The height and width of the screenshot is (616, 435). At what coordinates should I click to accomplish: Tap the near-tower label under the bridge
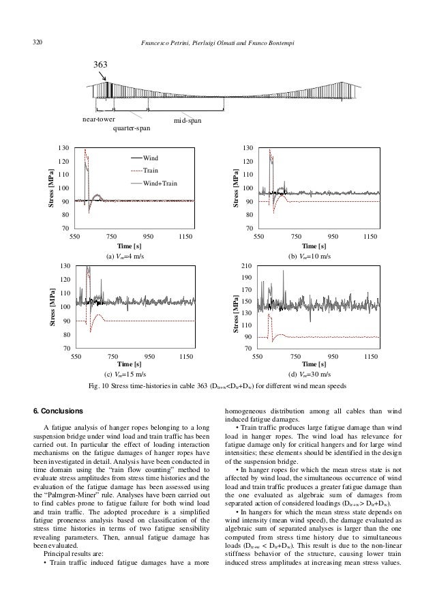point(97,119)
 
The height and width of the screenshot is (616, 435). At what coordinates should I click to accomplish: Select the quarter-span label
point(132,127)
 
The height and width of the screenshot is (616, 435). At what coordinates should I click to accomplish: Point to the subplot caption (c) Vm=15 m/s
point(125,374)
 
